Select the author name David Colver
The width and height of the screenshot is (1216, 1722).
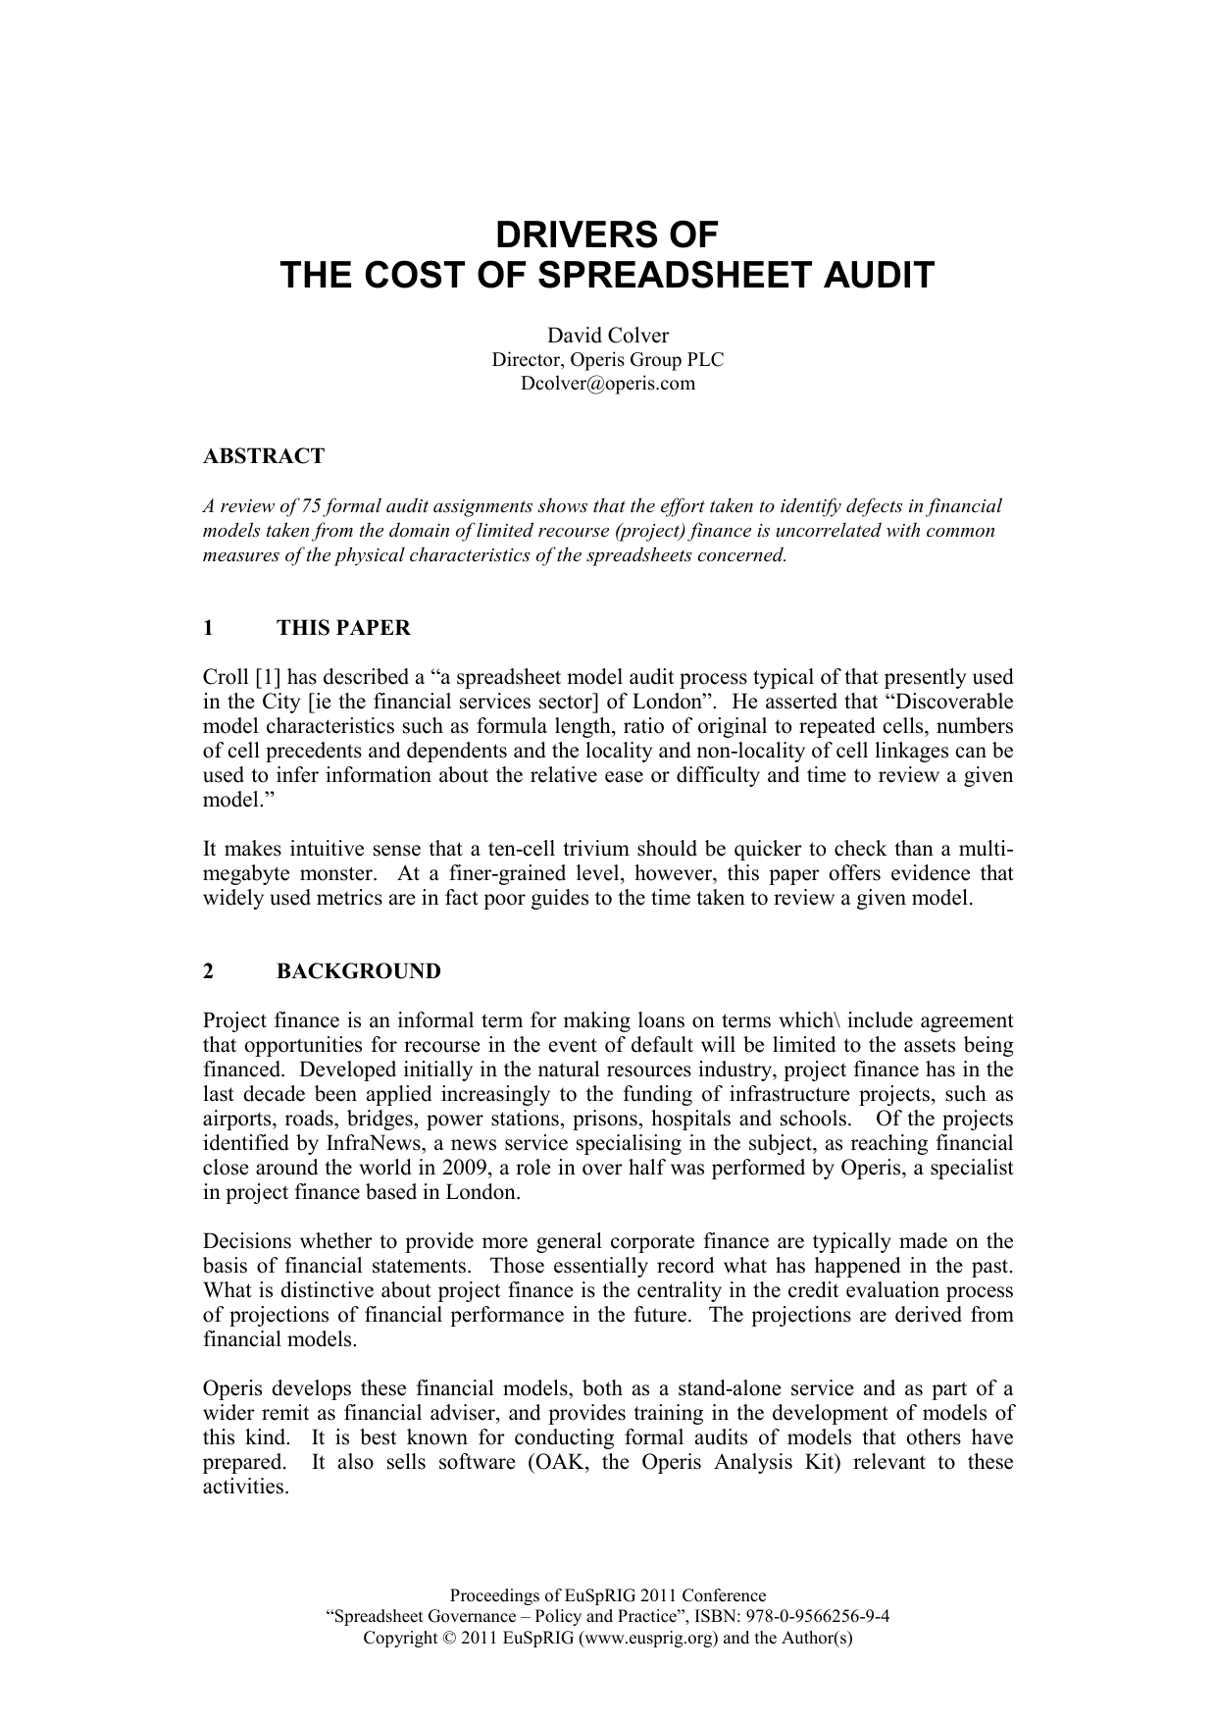coord(607,337)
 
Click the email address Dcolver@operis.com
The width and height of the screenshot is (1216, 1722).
coord(607,384)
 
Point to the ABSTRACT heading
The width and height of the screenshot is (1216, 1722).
coord(263,456)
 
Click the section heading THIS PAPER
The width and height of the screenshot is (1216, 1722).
coord(343,628)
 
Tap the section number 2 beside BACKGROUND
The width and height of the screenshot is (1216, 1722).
coord(208,971)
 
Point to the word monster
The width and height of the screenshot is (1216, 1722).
coord(338,874)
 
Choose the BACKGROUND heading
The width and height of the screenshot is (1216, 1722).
coord(359,971)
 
